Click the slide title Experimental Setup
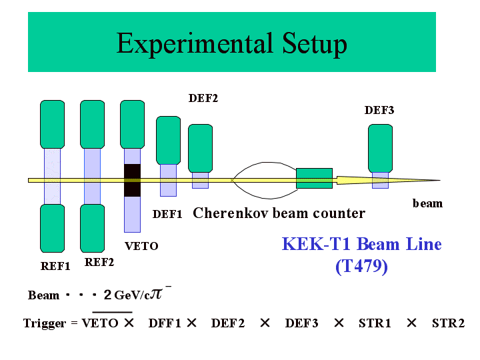click(x=231, y=44)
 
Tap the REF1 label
click(x=55, y=267)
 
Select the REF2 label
click(x=99, y=263)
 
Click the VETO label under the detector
click(x=141, y=246)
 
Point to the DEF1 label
click(x=167, y=214)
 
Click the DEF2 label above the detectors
click(x=203, y=99)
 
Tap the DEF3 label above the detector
click(x=379, y=111)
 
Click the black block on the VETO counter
click(x=133, y=180)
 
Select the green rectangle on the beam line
click(x=314, y=178)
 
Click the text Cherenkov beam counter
click(x=279, y=213)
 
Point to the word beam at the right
click(x=427, y=203)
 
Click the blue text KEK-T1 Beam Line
click(x=361, y=244)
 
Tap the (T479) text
click(x=361, y=266)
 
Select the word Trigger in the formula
click(x=44, y=323)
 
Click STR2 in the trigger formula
click(x=448, y=323)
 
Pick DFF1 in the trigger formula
click(x=165, y=323)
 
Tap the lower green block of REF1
click(x=53, y=229)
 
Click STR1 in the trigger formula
click(x=375, y=323)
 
